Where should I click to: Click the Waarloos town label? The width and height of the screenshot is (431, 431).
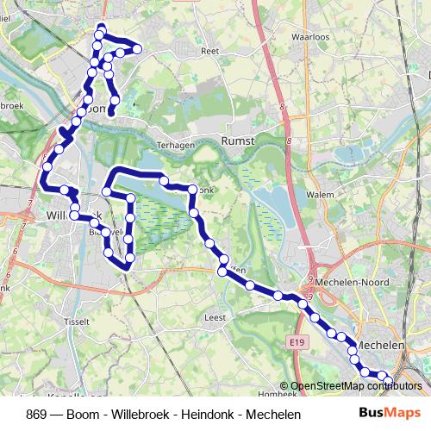[x=311, y=38]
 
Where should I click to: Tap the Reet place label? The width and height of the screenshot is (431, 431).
[x=209, y=52]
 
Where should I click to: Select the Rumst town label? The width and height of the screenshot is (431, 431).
[x=237, y=139]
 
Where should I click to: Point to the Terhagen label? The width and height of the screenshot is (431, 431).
[x=176, y=146]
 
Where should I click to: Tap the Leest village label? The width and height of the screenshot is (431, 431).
[x=215, y=317]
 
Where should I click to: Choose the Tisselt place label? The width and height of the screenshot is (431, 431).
[x=76, y=322]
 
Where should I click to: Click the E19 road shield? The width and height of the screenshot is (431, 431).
[x=298, y=343]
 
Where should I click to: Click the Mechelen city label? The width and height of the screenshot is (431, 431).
[x=382, y=345]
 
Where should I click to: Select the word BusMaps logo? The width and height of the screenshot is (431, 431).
[x=390, y=413]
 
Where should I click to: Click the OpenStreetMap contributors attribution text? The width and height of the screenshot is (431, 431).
[x=356, y=386]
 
